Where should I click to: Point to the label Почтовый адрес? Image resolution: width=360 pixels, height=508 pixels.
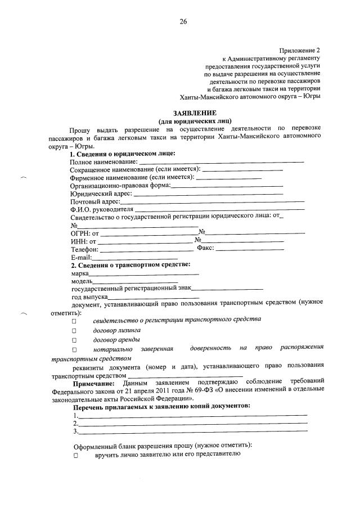(95, 201)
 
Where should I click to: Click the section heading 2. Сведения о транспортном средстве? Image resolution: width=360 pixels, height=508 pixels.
(130, 264)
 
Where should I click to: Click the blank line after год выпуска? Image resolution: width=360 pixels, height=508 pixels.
(154, 296)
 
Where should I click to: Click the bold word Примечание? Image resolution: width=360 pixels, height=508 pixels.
(95, 383)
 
